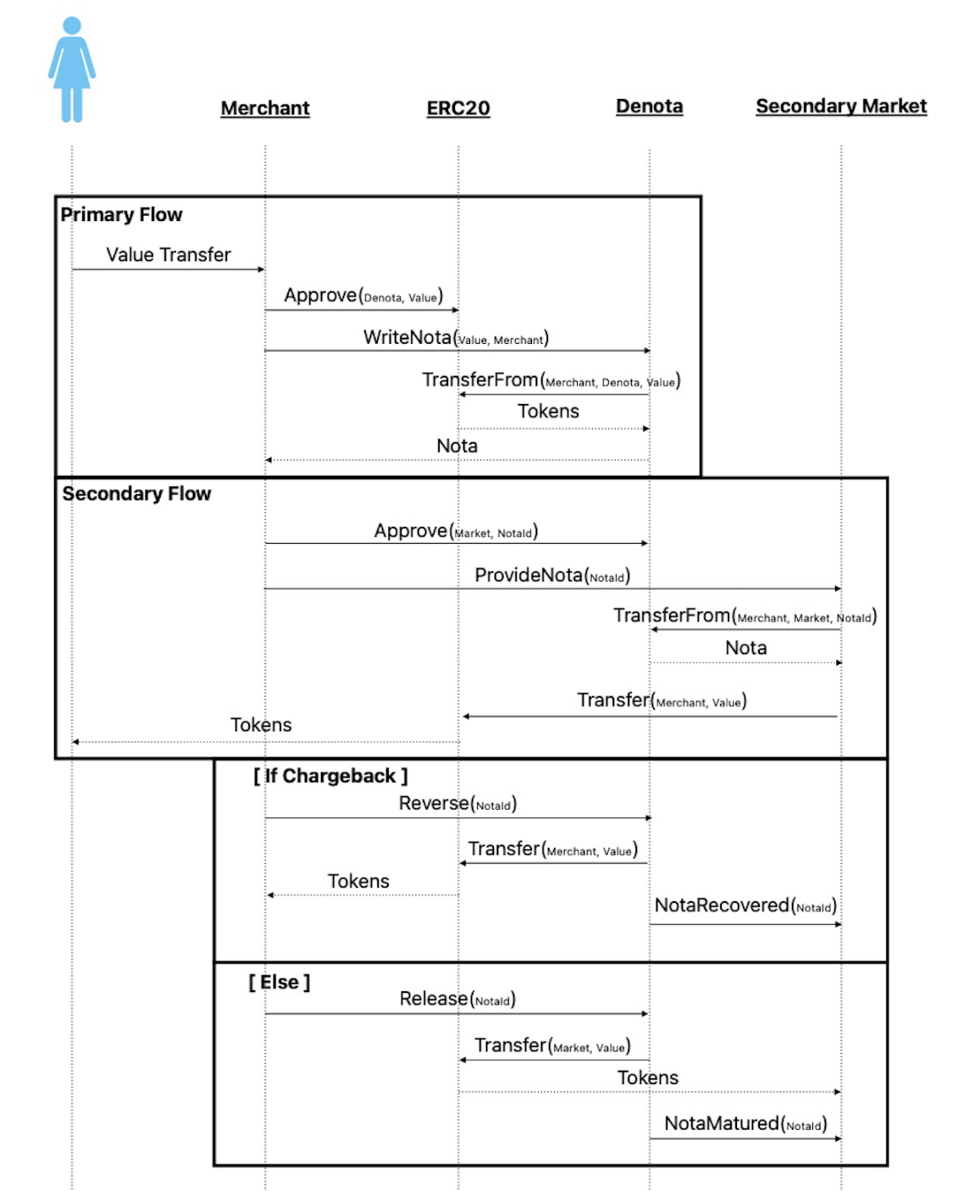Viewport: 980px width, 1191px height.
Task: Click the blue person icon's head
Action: pos(72,25)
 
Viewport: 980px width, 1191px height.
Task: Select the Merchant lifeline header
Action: pos(265,108)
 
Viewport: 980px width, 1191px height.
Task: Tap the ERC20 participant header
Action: pos(458,108)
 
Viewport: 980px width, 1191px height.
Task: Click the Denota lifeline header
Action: pos(649,106)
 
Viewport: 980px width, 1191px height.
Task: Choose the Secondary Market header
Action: pos(841,106)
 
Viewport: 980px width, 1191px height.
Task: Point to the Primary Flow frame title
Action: pos(121,214)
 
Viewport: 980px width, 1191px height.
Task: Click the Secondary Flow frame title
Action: pos(136,494)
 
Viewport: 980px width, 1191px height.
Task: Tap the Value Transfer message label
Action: pos(169,255)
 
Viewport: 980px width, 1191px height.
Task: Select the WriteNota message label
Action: pos(456,337)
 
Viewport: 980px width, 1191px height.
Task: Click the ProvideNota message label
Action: pos(552,575)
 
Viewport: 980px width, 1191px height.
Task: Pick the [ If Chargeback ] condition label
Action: pos(330,776)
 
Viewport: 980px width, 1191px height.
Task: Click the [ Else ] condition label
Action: pos(279,982)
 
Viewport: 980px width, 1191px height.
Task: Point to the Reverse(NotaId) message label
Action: pos(457,803)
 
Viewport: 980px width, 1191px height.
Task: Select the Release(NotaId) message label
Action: pos(457,999)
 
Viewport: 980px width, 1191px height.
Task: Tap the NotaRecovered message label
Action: pos(745,906)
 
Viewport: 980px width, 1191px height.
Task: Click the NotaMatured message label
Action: pos(745,1123)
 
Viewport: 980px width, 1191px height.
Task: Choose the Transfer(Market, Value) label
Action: pos(552,1045)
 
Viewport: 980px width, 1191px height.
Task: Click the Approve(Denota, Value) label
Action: pos(363,295)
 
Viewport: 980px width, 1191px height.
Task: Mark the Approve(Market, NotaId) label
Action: pos(456,531)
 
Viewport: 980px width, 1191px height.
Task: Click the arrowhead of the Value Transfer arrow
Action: pos(262,269)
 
